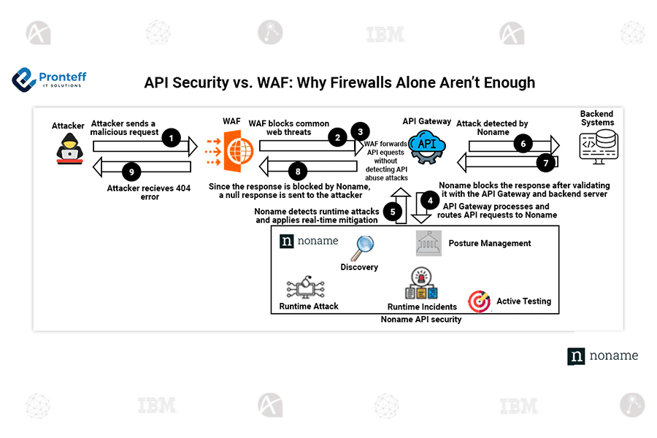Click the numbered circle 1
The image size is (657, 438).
[171, 138]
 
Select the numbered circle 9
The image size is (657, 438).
[131, 172]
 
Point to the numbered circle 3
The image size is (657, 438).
[359, 131]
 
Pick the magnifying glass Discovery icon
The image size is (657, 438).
[361, 248]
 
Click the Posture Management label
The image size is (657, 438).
[489, 243]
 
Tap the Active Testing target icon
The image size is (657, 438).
[480, 301]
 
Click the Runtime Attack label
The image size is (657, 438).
[309, 306]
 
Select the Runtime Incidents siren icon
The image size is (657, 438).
[420, 283]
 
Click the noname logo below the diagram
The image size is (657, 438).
[603, 356]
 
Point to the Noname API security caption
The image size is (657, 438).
[421, 320]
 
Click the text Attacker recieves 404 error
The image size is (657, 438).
[148, 192]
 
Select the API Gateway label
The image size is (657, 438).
[426, 121]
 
